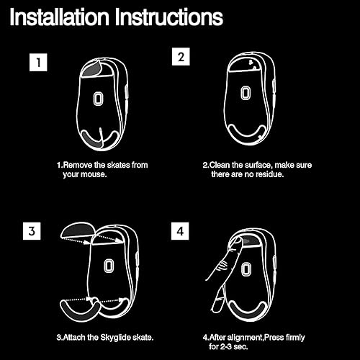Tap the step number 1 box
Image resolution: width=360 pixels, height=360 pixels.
(39, 63)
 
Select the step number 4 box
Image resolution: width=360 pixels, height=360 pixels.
(180, 232)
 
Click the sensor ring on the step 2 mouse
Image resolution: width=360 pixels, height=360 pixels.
(247, 94)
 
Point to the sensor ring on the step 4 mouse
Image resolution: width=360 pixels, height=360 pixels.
(246, 269)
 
